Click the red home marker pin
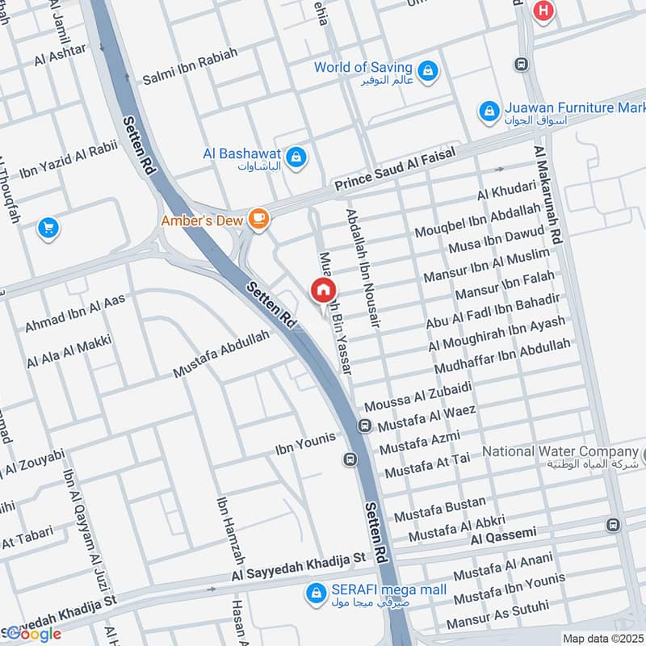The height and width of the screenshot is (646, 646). click(x=323, y=291)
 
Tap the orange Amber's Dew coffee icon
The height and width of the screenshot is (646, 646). click(x=258, y=218)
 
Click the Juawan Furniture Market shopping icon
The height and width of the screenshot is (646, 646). click(x=489, y=110)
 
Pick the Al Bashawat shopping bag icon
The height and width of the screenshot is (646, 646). click(x=296, y=154)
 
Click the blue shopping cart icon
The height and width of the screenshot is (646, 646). click(x=48, y=229)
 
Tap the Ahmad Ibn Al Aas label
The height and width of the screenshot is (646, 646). click(x=75, y=313)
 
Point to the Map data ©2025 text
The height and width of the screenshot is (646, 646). click(x=603, y=639)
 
